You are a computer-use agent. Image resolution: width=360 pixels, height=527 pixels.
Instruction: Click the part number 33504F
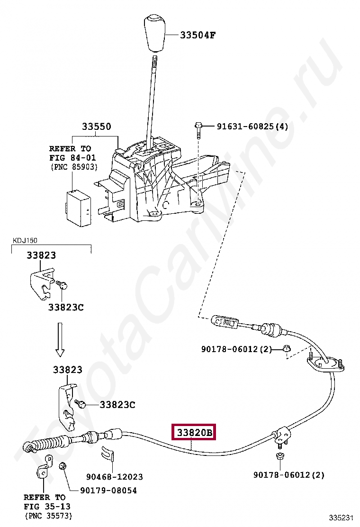(x=198, y=36)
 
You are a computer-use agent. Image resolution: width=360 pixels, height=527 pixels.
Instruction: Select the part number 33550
(x=96, y=127)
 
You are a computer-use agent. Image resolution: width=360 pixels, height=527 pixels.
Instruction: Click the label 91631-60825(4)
(x=252, y=127)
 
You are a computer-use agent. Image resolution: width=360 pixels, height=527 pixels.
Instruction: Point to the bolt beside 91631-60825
(x=198, y=129)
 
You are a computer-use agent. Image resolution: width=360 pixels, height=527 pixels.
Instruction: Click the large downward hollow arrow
(x=60, y=339)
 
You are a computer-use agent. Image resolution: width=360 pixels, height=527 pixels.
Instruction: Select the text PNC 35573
(x=48, y=515)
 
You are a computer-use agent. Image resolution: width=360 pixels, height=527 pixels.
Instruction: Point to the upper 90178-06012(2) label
(x=236, y=349)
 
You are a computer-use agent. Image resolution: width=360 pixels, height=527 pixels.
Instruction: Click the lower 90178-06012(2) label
(x=288, y=474)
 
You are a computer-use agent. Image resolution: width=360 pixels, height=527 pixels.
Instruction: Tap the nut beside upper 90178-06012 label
(x=287, y=349)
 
